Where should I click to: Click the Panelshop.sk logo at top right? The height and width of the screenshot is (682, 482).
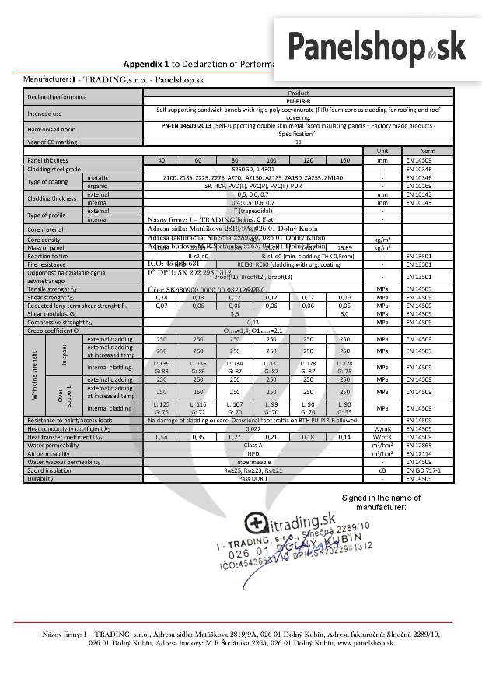[x=376, y=45]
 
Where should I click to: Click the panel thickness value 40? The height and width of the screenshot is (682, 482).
[x=162, y=159]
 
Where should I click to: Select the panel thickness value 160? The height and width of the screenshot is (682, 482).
[x=345, y=159]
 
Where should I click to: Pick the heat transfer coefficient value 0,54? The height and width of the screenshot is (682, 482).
[x=162, y=437]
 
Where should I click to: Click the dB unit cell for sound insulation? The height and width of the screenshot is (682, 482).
[x=382, y=470]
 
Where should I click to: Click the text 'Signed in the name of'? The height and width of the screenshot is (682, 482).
[x=384, y=497]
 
